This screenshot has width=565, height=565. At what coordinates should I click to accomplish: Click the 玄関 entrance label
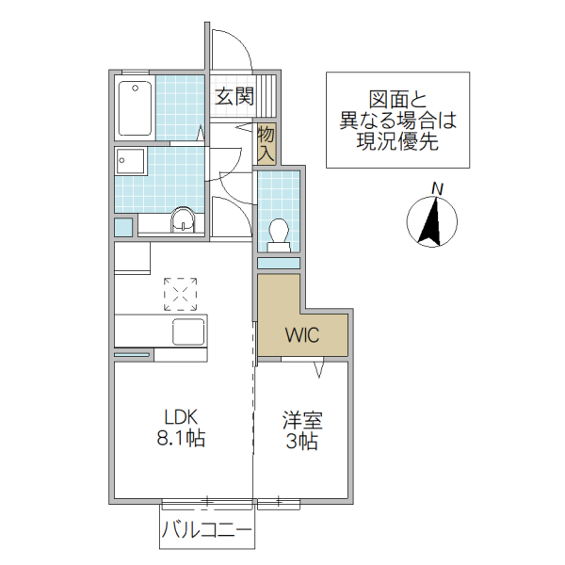[x=234, y=95]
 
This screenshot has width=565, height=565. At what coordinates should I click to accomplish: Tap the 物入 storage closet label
[x=266, y=143]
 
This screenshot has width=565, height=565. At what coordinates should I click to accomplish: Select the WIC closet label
[x=303, y=334]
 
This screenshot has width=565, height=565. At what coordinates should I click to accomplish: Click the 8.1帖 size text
[x=184, y=438]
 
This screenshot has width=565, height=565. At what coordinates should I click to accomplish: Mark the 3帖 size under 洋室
[x=301, y=442]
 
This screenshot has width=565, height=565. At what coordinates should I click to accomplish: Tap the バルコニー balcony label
[x=206, y=531]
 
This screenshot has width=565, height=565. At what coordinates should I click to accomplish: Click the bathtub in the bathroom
[x=136, y=106]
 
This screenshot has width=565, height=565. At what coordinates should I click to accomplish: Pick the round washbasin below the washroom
[x=183, y=222]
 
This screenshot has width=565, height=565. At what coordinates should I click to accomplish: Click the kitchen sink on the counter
[x=187, y=332]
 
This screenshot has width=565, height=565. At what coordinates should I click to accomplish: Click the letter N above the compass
[x=436, y=188]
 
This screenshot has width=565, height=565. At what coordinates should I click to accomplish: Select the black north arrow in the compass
[x=431, y=224]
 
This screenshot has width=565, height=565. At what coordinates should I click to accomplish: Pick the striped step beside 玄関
[x=269, y=95]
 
